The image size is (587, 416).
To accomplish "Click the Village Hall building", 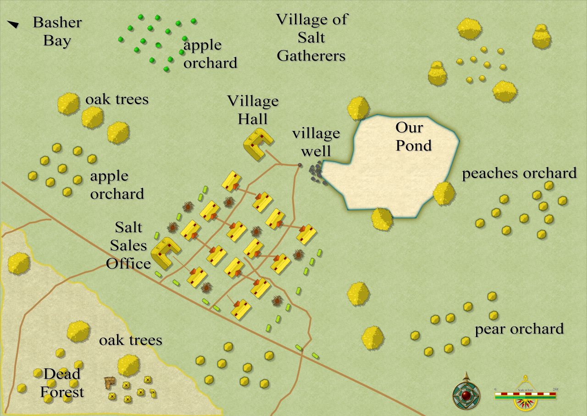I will coord(257,144).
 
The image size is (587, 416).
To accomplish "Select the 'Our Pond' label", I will coord(414,136).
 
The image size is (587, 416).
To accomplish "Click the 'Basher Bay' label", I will coord(57,31).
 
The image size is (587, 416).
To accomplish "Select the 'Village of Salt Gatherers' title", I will coord(312,38).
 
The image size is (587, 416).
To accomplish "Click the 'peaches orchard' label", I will coord(519,173).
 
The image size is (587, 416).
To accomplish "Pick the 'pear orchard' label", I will coord(519,329).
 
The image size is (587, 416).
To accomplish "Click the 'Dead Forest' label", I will coord(62,382).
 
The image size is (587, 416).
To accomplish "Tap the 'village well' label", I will coord(316,141).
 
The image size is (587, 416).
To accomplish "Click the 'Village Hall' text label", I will coord(253,110).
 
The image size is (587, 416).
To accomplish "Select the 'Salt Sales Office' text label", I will coord(128,245).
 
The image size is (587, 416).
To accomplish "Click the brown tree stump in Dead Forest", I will coord(109,382).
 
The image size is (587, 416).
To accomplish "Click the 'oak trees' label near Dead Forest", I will coord(131,340).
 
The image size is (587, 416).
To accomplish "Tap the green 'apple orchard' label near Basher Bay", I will coord(210,54).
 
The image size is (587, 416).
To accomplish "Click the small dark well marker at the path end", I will coord(300,165).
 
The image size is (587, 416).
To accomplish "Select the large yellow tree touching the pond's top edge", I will coord(358,108).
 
